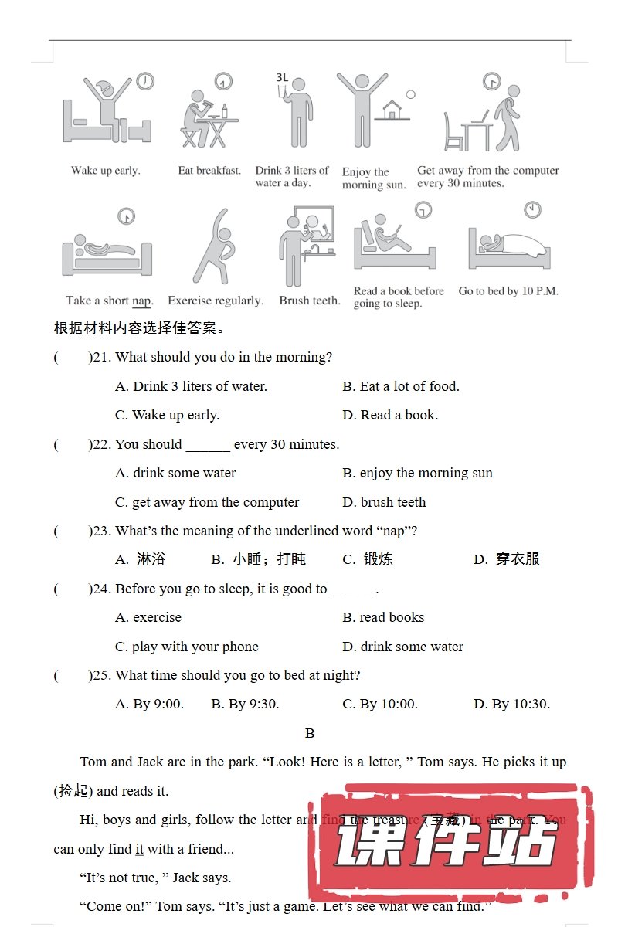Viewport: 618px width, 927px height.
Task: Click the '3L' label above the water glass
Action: tap(282, 77)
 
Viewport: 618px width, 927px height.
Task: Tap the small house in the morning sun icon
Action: tap(393, 110)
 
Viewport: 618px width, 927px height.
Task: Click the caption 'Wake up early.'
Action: tap(105, 171)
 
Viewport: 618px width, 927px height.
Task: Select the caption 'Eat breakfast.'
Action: tap(209, 171)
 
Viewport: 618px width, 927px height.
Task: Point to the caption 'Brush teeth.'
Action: tap(309, 301)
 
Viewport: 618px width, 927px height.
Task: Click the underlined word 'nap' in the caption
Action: tap(141, 301)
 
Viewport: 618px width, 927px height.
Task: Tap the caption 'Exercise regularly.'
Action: tap(216, 301)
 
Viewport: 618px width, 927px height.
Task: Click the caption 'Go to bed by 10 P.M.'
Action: tap(508, 291)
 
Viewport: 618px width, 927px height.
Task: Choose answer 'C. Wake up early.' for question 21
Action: tap(167, 415)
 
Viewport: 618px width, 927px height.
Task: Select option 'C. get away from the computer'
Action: tap(207, 502)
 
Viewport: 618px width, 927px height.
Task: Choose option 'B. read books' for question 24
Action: tap(383, 617)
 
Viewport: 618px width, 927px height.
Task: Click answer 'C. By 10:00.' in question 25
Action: tap(380, 704)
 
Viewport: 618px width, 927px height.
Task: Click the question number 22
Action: tap(101, 444)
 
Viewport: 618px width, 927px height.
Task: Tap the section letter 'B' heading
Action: tap(310, 733)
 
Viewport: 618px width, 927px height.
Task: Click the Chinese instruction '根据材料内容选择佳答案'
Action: tap(139, 328)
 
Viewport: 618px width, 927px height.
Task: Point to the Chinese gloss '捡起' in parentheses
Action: tap(73, 791)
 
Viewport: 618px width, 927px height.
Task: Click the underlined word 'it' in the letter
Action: tap(140, 849)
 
